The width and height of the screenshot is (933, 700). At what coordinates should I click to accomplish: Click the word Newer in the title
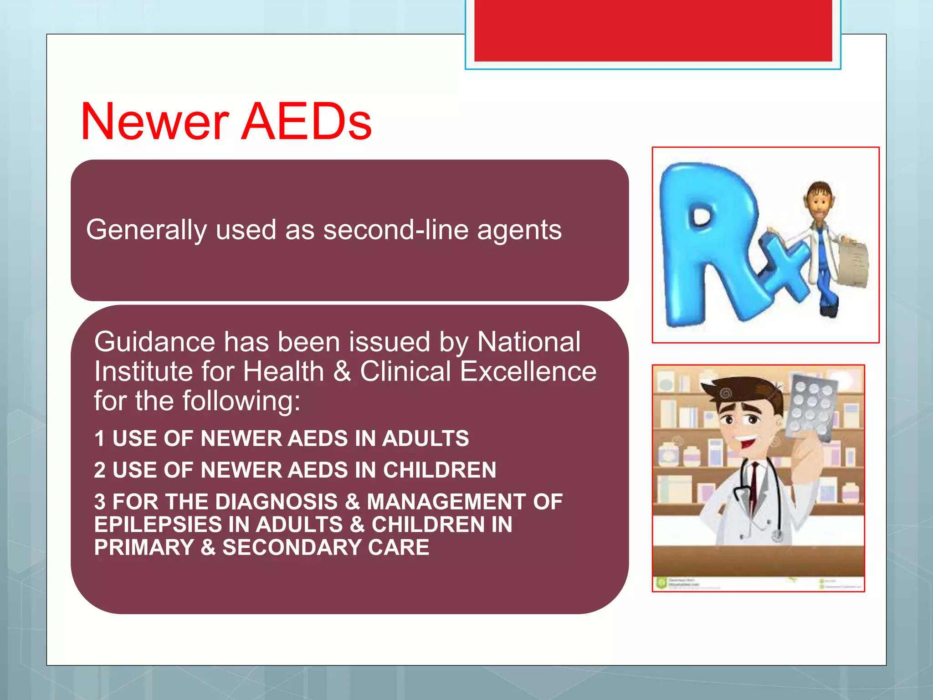(x=155, y=122)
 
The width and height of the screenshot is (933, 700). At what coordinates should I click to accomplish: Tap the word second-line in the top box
(x=395, y=230)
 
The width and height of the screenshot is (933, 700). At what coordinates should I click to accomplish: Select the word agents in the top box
(x=519, y=231)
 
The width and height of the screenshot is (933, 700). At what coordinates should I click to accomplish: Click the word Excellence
(x=528, y=371)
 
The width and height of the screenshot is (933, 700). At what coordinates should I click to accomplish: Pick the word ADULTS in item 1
(x=425, y=438)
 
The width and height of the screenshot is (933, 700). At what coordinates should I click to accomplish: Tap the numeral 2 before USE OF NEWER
(x=100, y=470)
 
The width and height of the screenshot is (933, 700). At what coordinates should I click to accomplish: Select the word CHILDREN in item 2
(x=439, y=470)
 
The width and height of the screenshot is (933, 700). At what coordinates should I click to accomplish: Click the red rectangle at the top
(x=653, y=30)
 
